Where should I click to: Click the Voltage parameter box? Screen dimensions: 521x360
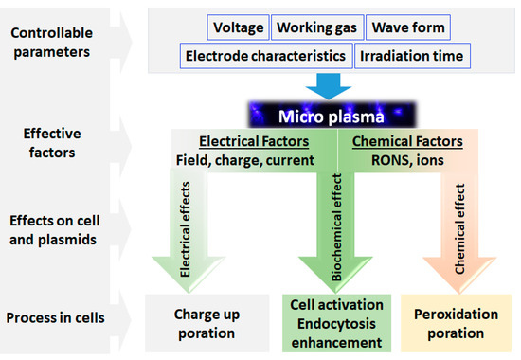coord(238,27)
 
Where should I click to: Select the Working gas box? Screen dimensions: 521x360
coord(317,27)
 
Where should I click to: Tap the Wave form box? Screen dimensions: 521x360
coord(408,27)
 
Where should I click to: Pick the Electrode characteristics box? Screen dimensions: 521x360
coord(266,56)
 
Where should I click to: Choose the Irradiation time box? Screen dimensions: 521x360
coord(412,56)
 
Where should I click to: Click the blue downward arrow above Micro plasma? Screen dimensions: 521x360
coord(329,86)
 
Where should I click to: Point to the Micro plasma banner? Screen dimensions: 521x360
coord(332,116)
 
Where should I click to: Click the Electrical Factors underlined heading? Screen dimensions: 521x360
coord(254,141)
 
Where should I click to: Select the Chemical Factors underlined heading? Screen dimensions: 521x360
coord(407,141)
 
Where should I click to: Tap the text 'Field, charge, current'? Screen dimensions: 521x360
coord(245,160)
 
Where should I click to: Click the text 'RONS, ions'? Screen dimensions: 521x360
coord(407,160)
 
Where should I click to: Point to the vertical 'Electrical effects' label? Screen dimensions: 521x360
coord(185,229)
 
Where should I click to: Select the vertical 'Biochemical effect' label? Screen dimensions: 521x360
coord(336,227)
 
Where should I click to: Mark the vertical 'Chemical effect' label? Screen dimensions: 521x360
coord(459,229)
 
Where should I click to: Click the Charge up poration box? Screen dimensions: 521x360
coord(207,323)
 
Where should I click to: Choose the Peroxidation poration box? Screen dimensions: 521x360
coord(456,323)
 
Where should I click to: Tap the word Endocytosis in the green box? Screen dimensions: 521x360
coord(336,324)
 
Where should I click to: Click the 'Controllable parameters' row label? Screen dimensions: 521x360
coord(51,43)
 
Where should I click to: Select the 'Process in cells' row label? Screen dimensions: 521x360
coord(55,317)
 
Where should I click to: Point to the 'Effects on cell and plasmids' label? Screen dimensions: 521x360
coord(54,230)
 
